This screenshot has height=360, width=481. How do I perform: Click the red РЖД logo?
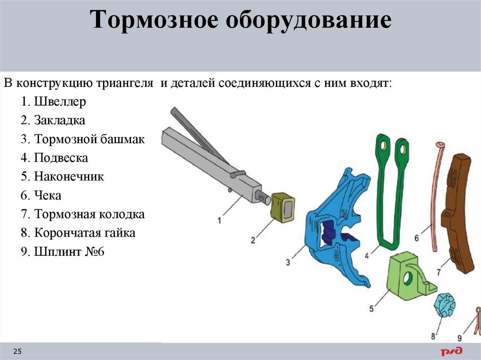point(451,351)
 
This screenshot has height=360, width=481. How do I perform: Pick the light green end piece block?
point(407,277)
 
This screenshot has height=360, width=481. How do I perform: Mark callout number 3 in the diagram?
point(288,262)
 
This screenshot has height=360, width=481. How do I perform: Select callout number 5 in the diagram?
point(371,309)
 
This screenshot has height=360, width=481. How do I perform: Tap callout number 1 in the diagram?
point(219,219)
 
